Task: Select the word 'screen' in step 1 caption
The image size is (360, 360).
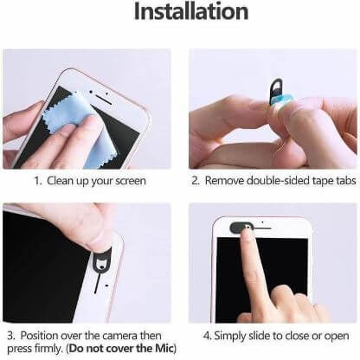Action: tap(129, 182)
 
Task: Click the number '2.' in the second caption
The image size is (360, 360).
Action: tap(196, 182)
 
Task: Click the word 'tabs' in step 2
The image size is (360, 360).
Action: tap(339, 182)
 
